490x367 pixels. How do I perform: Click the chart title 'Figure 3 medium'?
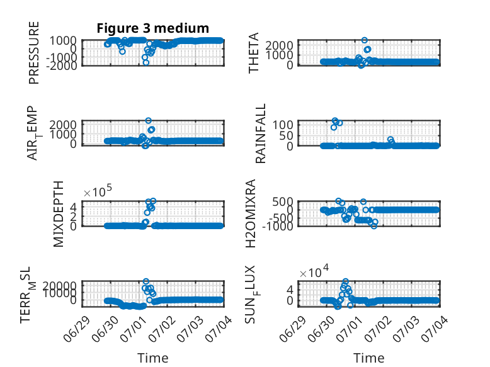153,28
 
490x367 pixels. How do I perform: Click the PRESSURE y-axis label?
34,53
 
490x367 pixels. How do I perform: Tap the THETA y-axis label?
254,53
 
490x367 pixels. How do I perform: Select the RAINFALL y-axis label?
260,133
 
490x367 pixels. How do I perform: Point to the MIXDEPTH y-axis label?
59,214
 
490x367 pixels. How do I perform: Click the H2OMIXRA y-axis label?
251,213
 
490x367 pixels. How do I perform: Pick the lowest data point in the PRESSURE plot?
145,62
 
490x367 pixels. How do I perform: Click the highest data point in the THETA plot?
365,40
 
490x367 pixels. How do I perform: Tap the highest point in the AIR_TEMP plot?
149,121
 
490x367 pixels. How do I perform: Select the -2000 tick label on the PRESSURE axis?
62,65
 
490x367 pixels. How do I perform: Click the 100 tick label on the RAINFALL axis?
283,125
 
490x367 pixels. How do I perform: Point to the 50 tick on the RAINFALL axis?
287,135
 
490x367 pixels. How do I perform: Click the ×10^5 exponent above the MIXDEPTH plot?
98,191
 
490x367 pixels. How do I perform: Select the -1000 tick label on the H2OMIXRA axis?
278,226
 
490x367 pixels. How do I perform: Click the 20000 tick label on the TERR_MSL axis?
60,285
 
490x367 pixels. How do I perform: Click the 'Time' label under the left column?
153,358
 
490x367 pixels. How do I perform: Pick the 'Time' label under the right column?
368,358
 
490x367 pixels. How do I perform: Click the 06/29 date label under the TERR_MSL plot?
77,329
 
